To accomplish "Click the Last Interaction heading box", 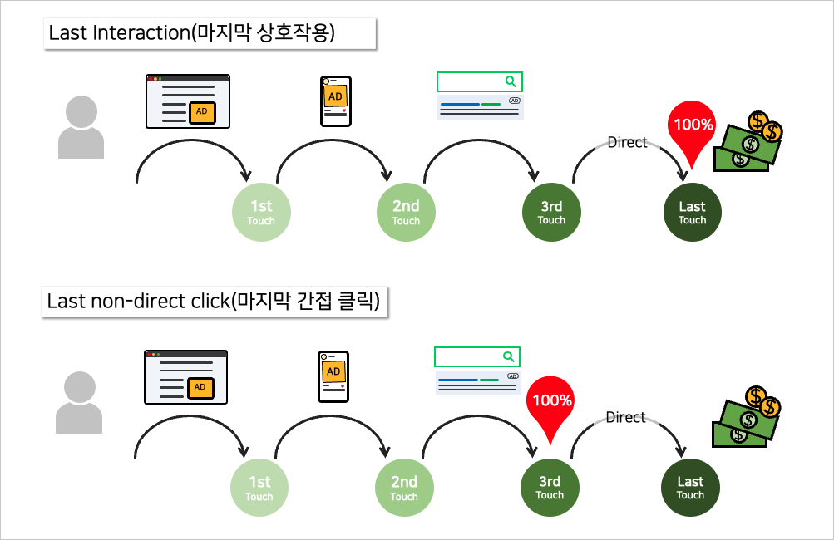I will (x=210, y=34).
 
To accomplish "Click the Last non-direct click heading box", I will (x=215, y=301).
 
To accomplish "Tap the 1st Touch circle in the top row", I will (x=261, y=213).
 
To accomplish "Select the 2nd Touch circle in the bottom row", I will (x=404, y=488).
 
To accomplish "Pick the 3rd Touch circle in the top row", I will (x=551, y=213).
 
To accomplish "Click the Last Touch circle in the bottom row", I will (x=690, y=488).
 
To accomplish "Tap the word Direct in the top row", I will (x=627, y=143).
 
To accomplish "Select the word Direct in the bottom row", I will (x=625, y=418).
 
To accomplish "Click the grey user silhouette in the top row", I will (x=81, y=127).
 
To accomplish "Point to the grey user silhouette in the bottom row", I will (x=79, y=402).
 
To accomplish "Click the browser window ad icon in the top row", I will (x=188, y=101).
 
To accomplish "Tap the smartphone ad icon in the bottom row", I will (x=333, y=376).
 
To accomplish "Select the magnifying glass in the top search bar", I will (x=511, y=81).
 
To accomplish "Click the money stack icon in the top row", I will (x=753, y=142).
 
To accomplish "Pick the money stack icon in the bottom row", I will (x=748, y=416).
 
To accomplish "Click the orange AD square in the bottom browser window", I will (x=200, y=387).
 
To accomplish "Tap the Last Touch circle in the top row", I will (x=692, y=213).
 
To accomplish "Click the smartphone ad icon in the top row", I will (x=336, y=101).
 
